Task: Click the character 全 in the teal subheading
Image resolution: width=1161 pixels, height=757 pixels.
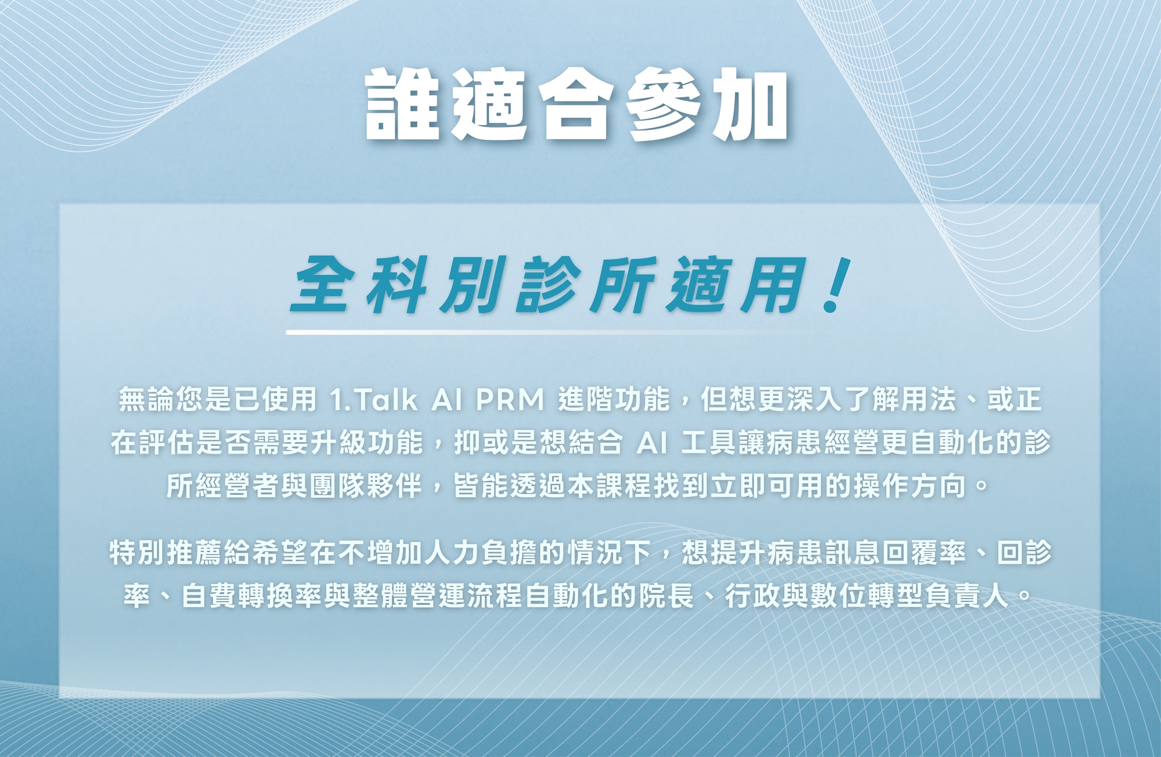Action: [323, 285]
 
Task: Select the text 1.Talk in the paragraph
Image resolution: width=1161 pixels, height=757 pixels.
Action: [373, 400]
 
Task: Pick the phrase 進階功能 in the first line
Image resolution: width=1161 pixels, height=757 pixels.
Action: [614, 399]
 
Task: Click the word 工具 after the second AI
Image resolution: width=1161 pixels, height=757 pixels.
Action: [708, 443]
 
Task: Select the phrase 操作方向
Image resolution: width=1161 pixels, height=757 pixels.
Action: [910, 486]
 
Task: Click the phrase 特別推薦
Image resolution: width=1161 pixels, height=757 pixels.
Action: [166, 552]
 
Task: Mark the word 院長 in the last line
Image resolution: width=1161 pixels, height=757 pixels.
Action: [666, 596]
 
